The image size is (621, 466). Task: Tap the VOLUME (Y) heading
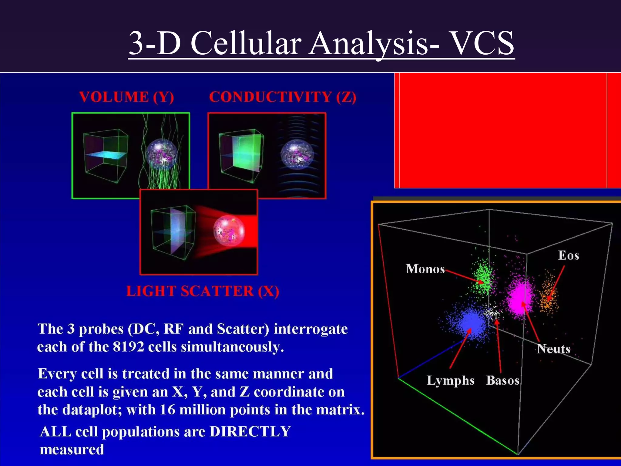tap(126, 97)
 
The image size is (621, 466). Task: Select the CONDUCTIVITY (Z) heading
tap(283, 97)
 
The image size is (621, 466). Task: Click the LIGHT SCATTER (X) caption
tap(203, 291)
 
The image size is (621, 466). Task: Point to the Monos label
tap(425, 269)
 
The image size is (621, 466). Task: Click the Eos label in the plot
tap(569, 255)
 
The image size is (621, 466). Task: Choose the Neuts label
tap(553, 349)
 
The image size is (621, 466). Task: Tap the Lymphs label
tap(450, 380)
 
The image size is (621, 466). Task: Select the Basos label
tap(503, 380)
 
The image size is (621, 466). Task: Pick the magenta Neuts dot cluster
tap(520, 296)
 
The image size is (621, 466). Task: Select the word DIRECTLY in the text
tap(250, 431)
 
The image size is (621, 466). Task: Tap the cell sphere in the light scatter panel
tap(229, 231)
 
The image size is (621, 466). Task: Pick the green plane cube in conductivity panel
tap(241, 156)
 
